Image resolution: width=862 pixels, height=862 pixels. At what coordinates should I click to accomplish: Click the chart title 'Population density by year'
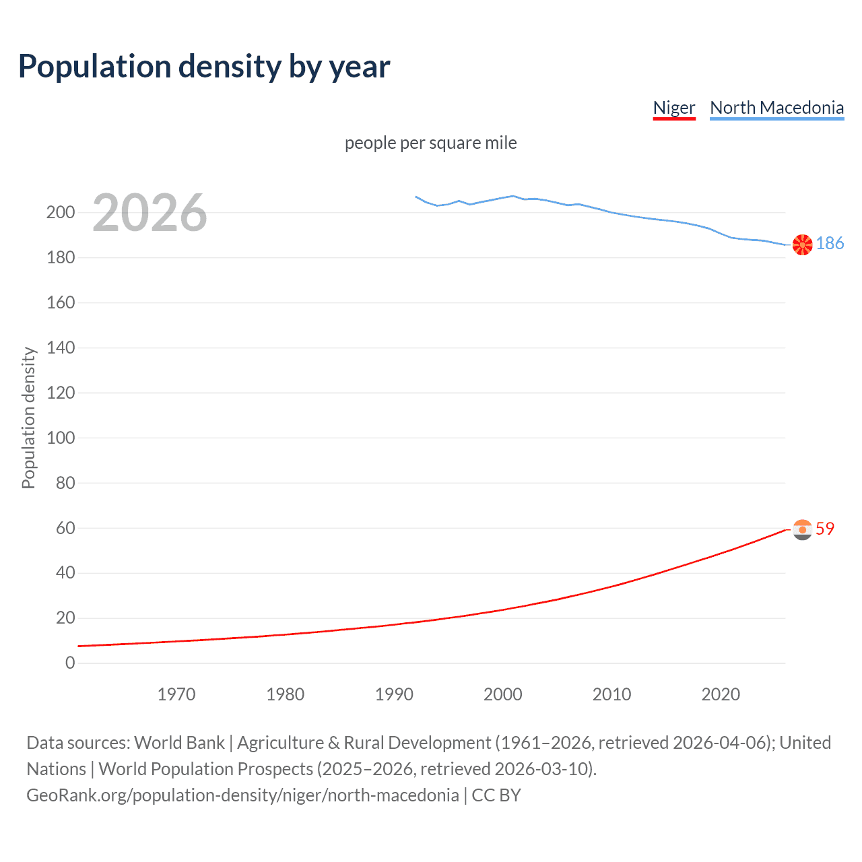[204, 67]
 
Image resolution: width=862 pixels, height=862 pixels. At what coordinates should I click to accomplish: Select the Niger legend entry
[673, 108]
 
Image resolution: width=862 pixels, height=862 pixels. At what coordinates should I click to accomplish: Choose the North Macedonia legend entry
[776, 108]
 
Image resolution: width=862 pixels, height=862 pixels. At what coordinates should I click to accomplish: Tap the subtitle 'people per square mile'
[431, 143]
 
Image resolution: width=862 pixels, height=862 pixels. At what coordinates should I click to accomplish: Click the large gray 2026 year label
[150, 213]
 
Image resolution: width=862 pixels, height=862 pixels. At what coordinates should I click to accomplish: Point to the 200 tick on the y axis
[61, 213]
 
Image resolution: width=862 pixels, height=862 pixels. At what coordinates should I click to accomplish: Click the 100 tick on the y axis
[61, 438]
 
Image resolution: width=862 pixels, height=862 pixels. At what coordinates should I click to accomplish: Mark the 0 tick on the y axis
[70, 663]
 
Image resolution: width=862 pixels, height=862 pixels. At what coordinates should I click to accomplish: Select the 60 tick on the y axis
[65, 528]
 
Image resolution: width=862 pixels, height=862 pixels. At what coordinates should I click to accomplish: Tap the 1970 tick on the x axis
[176, 694]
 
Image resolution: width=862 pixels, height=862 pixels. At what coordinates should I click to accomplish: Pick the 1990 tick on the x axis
[394, 694]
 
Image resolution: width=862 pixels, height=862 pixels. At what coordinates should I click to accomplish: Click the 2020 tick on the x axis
[721, 694]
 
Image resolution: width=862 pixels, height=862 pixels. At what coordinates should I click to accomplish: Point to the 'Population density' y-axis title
[28, 418]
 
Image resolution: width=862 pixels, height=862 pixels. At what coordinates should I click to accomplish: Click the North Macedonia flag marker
[802, 245]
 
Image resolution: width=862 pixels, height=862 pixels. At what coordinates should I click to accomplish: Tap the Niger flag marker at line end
[802, 530]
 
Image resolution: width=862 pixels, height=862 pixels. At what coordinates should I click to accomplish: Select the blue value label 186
[830, 244]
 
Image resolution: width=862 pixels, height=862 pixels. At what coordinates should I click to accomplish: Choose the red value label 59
[825, 529]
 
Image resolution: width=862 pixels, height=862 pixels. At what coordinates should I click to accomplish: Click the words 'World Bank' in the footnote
[179, 743]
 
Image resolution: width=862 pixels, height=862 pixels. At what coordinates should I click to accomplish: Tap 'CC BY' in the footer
[496, 795]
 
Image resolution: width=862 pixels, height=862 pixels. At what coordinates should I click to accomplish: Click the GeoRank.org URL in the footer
[242, 795]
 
